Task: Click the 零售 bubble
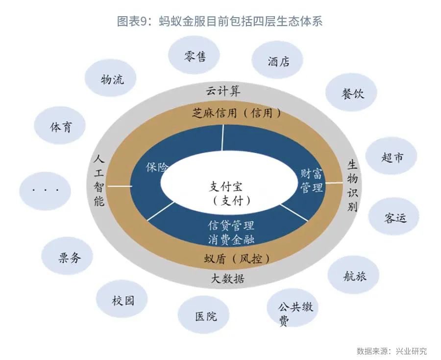[x=194, y=55]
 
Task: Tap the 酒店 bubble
[x=277, y=60]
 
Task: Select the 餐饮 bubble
[x=351, y=92]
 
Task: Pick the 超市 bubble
[x=391, y=156]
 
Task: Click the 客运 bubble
[x=394, y=216]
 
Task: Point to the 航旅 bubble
[x=353, y=275]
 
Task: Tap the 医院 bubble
[x=204, y=315]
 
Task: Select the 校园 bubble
[x=122, y=299]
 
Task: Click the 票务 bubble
[x=67, y=256]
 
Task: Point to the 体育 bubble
[x=60, y=126]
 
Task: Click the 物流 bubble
[x=111, y=78]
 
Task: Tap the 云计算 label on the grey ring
[x=223, y=91]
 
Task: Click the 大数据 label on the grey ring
[x=227, y=279]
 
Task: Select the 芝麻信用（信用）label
[x=237, y=113]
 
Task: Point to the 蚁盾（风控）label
[x=237, y=258]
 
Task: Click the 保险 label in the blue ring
[x=157, y=167]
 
